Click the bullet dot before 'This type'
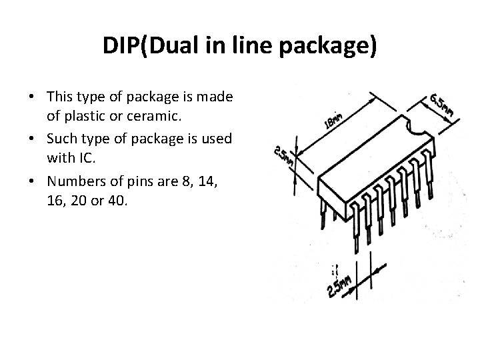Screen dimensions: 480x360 coord(32,97)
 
